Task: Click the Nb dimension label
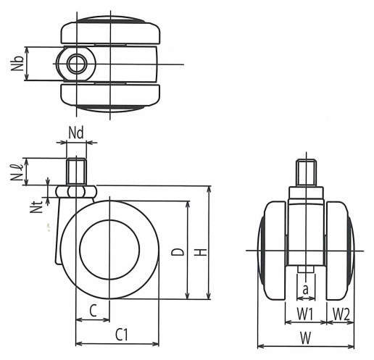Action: point(17,63)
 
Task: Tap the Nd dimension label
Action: point(76,133)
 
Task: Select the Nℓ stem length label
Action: point(17,172)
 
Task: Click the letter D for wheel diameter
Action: point(178,252)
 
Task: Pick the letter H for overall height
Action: point(201,252)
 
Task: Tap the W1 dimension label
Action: point(305,314)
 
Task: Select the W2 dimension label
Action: point(341,314)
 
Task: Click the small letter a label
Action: point(306,289)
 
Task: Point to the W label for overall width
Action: point(306,338)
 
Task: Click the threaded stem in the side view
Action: point(76,172)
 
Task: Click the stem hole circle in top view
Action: point(76,64)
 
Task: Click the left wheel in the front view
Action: point(272,251)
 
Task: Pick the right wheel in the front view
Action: point(340,251)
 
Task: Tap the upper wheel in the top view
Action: point(110,31)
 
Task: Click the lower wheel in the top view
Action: point(110,97)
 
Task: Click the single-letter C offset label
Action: point(93,310)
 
